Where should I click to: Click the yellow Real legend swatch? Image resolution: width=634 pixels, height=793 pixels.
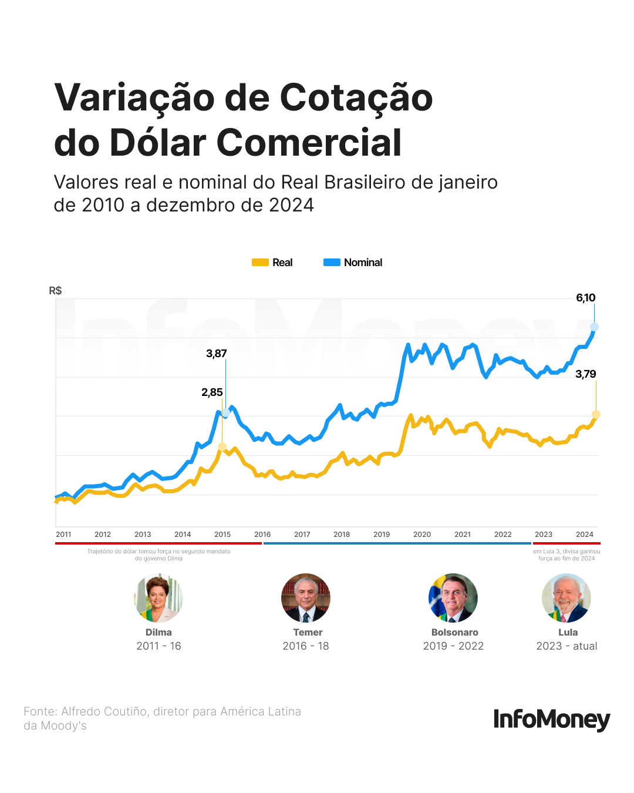260,263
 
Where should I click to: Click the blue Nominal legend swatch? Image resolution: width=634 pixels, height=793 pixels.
332,263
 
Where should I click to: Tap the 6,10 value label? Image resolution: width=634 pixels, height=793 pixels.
585,298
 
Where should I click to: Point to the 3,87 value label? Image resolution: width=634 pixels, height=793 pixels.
216,354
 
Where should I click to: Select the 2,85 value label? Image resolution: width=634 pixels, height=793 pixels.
212,392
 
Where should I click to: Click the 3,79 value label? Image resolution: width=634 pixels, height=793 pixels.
585,374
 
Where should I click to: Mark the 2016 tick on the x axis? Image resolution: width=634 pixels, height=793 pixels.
262,535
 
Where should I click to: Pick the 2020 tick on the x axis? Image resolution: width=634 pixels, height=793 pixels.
422,535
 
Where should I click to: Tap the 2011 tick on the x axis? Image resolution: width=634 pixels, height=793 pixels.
63,535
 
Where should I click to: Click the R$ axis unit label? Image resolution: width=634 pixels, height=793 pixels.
55,291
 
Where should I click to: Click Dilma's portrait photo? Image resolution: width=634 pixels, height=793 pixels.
158,598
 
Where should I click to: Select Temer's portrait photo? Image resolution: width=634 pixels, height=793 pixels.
306,598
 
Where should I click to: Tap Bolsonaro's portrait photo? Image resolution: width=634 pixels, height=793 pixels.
453,598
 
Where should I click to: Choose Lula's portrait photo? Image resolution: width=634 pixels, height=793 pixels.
566,598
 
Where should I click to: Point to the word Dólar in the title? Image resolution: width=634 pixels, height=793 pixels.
158,143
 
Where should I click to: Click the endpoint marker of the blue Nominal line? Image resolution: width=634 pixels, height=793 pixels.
594,327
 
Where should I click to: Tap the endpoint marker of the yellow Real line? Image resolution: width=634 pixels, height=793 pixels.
596,415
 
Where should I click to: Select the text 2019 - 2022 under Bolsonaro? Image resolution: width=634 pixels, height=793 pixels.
453,646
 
